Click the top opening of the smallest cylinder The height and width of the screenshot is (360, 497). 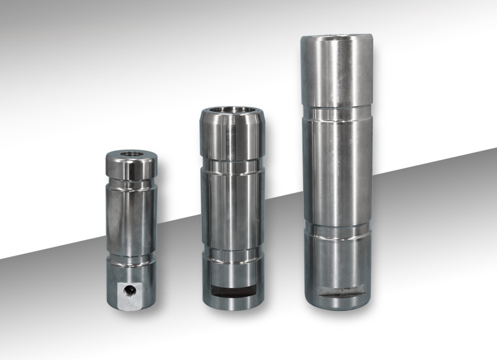pyautogui.click(x=130, y=153)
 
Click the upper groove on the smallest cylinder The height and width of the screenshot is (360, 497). pyautogui.click(x=130, y=184)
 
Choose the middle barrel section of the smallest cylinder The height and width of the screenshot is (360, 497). pyautogui.click(x=130, y=220)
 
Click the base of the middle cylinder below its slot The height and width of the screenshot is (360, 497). pyautogui.click(x=233, y=300)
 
